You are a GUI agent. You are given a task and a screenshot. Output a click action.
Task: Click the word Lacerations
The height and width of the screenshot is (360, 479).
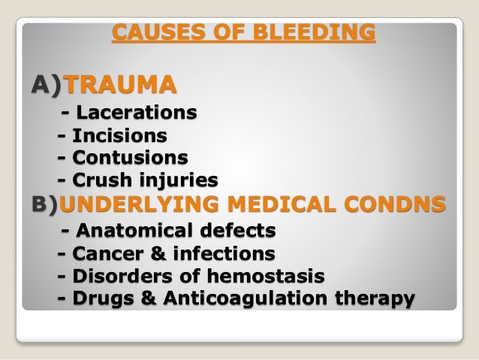tap(139, 113)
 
